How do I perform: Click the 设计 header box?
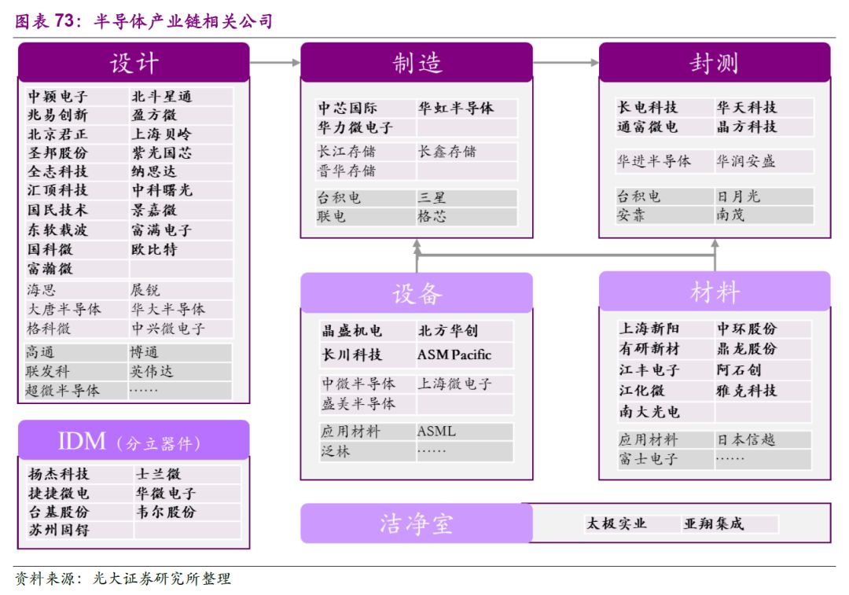pos(134,63)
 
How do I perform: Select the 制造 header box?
pos(417,63)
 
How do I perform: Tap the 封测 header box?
pos(715,63)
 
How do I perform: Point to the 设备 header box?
pos(417,292)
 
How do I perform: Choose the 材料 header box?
pos(715,292)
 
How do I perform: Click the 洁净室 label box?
pos(417,523)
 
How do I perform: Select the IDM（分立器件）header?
pos(134,441)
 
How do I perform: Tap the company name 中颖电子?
pos(58,97)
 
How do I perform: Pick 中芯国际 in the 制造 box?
pos(347,108)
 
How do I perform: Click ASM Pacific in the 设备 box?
pos(454,354)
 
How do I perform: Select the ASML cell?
pos(436,432)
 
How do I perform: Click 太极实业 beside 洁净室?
pos(616,523)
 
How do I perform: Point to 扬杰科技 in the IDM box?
pos(59,474)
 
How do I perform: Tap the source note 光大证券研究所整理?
pos(162,579)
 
